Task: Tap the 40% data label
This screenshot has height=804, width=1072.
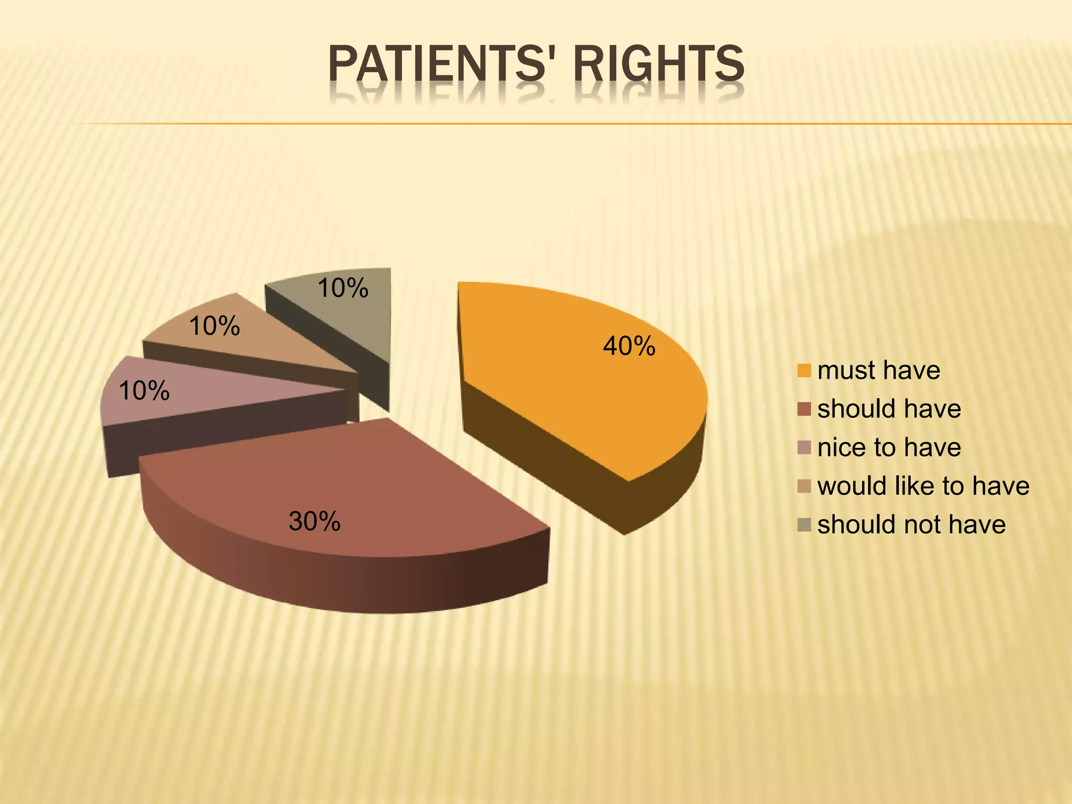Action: tap(629, 347)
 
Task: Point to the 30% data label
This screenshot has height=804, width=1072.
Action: tap(315, 522)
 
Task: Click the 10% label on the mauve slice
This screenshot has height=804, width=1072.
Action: tap(144, 391)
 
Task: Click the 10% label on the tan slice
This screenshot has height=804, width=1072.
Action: tap(215, 327)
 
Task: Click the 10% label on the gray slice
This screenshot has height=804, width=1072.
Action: tap(343, 288)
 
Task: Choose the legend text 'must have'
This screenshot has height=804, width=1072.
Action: tap(878, 371)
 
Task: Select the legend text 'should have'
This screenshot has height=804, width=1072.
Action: tap(889, 409)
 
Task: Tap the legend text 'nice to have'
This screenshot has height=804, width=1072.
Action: tap(889, 448)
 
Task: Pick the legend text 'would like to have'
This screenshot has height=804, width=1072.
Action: tap(923, 486)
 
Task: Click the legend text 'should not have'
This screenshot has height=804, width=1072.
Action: tap(911, 524)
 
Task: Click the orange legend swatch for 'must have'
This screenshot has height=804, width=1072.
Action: tap(804, 371)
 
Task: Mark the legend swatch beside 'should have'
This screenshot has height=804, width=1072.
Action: tap(804, 409)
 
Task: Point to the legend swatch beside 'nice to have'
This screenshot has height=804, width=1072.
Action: tap(804, 448)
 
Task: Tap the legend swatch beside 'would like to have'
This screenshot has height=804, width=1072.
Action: tap(804, 486)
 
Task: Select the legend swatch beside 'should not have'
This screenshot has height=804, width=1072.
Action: tap(804, 524)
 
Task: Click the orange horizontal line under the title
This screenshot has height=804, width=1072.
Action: tap(576, 124)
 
